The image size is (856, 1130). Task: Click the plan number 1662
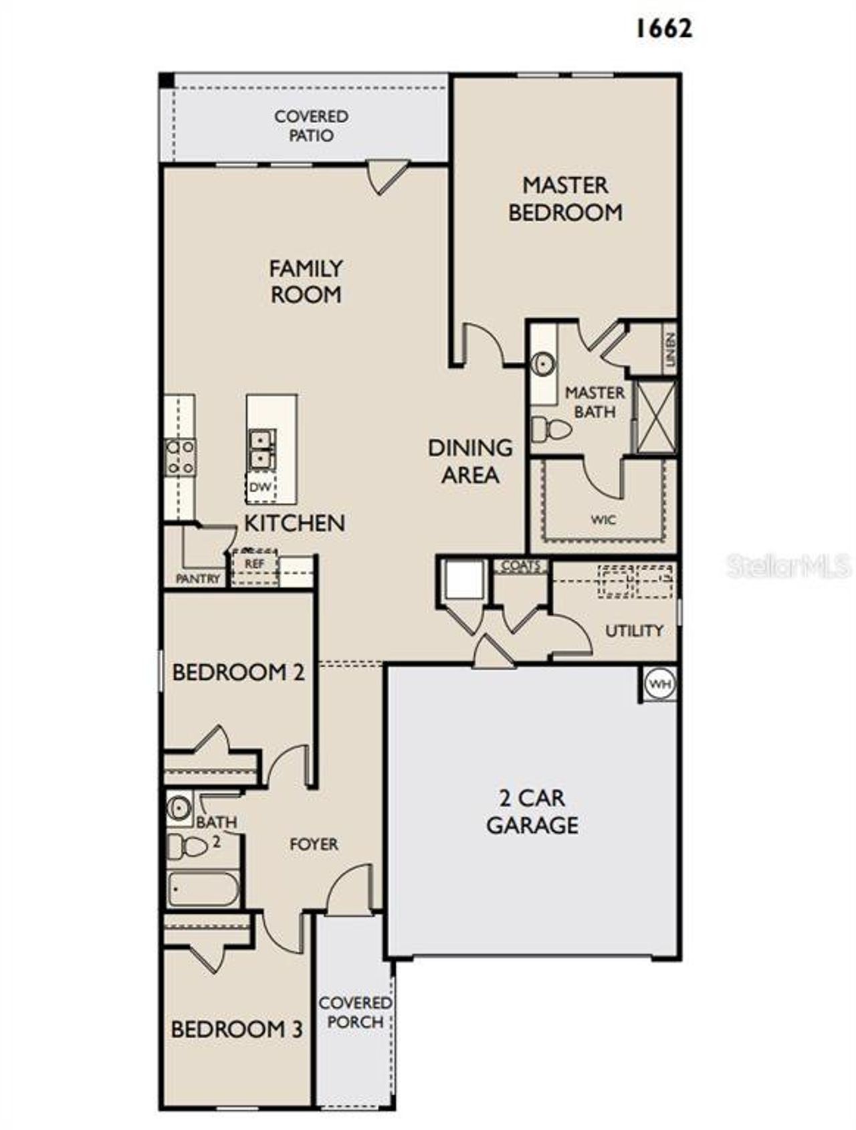[x=663, y=28]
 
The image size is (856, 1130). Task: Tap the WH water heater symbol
[x=660, y=684]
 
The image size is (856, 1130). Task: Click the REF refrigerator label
[x=254, y=564]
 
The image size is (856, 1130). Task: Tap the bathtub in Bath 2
[x=202, y=889]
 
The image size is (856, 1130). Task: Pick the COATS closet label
[x=520, y=566]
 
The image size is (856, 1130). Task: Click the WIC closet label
[x=603, y=520]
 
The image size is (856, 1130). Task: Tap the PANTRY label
[x=197, y=579]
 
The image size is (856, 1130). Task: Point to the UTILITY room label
[x=634, y=630]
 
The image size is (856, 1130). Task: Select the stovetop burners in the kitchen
[x=181, y=457]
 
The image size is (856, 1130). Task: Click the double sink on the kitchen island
[x=262, y=449]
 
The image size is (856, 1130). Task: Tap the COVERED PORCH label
[x=355, y=1012]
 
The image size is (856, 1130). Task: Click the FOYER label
[x=314, y=844]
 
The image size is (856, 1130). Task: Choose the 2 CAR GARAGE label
[x=532, y=811]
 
